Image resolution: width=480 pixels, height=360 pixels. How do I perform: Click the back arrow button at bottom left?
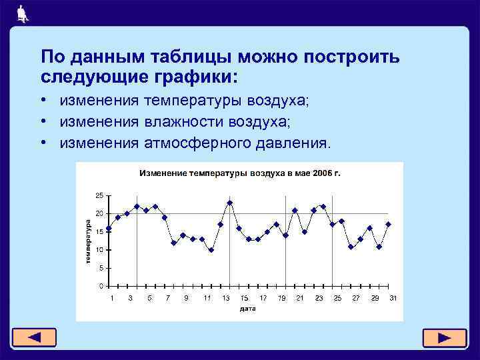coord(33,337)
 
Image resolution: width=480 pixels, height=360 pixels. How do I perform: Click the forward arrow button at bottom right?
coord(445,337)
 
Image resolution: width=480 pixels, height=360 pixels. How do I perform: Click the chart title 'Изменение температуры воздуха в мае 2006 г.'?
coord(239,173)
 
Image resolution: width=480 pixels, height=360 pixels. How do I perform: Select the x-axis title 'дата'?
coord(247,309)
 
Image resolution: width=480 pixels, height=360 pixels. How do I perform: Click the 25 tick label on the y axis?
coord(99,195)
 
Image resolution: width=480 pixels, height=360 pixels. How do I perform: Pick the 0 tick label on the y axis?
coord(101,286)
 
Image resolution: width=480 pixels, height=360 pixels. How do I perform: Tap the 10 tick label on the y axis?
coord(99,250)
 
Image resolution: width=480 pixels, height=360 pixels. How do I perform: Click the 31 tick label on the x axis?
coord(393,298)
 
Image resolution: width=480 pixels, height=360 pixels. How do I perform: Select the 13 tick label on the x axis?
coord(226,298)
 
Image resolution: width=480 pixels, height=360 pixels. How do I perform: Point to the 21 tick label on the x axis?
coord(300,298)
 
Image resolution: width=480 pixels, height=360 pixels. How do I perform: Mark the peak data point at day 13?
coord(229,203)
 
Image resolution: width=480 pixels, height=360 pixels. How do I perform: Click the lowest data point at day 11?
coord(211,250)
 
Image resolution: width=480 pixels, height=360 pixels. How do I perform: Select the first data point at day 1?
coord(109,228)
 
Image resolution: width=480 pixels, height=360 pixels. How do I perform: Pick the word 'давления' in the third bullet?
coord(291,143)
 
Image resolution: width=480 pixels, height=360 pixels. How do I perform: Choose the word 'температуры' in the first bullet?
coord(193,101)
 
